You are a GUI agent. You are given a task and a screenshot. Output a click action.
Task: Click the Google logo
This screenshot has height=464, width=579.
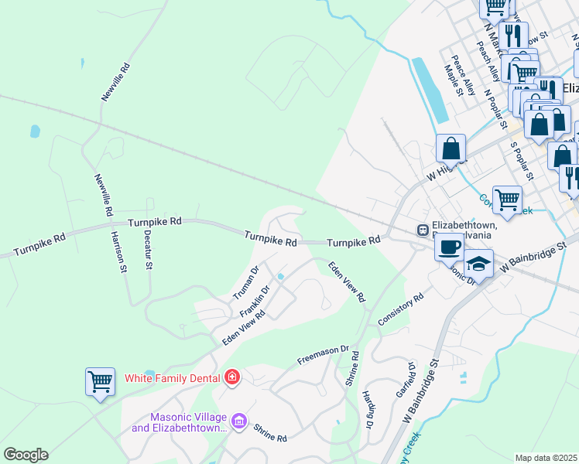[26, 455]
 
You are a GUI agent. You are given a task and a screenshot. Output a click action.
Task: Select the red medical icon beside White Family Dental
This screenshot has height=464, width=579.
[231, 377]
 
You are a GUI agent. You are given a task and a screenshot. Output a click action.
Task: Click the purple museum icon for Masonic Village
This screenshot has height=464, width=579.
[239, 421]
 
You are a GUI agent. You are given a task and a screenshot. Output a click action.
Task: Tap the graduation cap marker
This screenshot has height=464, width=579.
[479, 264]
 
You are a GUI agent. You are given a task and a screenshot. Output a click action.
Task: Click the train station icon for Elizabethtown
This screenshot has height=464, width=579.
[423, 230]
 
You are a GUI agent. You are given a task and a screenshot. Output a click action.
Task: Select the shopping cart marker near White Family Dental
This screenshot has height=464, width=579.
[100, 381]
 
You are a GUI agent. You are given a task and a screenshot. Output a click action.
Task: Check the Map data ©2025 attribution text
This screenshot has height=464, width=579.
[546, 458]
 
